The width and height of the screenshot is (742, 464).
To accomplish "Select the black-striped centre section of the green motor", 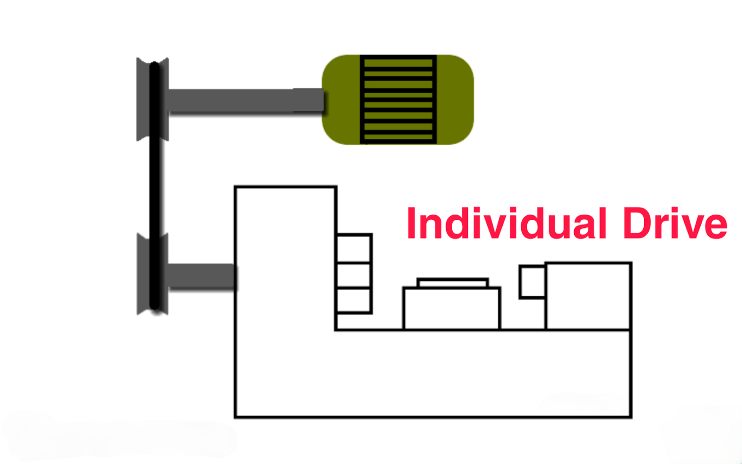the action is coord(398,99).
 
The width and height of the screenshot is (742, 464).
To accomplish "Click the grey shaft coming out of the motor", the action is coord(246,101).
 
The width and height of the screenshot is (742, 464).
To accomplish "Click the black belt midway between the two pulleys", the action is coord(154,186).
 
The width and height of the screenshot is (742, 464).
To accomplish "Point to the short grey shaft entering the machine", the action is coord(202,277).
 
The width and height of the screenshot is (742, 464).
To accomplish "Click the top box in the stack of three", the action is coord(353,249).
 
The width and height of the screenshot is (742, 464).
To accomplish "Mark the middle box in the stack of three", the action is coord(353,276).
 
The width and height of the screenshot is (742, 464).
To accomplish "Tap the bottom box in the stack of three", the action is coord(353,301).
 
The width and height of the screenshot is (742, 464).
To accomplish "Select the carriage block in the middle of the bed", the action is coord(452,309).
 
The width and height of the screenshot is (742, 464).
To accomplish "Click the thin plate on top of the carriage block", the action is coord(453,283).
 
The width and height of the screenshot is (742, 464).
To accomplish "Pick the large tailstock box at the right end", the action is coord(588,296).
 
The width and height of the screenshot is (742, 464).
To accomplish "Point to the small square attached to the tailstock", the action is coord(532,282).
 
